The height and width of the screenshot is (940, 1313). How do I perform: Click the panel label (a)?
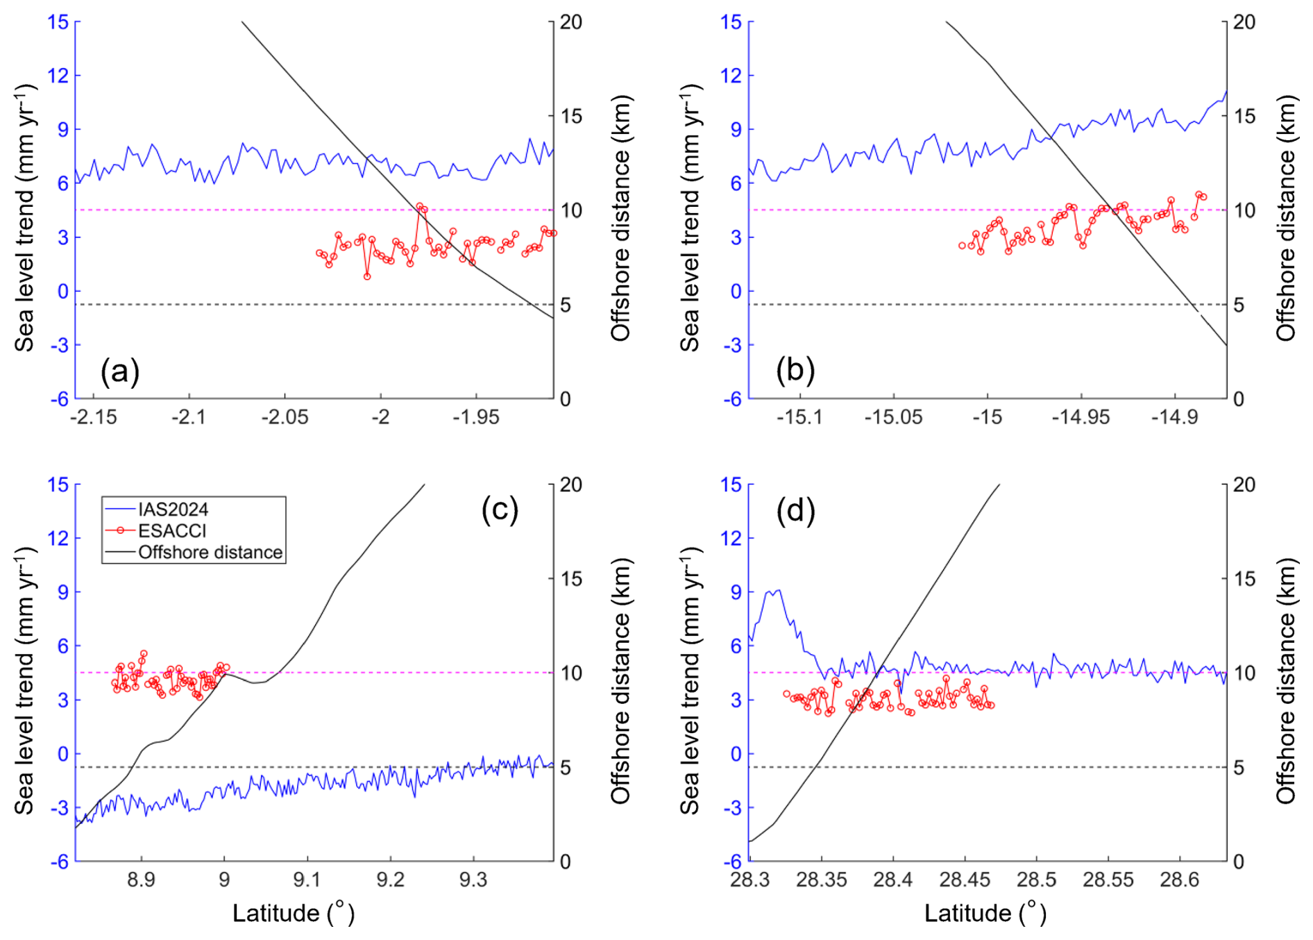pos(120,371)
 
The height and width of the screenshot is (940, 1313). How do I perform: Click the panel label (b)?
pos(795,370)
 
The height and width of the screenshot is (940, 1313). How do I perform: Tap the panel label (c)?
pos(500,510)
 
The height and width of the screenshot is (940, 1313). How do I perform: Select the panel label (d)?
pos(795,510)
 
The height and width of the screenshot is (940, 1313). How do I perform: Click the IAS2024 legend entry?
pos(173,510)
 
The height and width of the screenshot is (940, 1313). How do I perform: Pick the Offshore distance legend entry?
pos(210,553)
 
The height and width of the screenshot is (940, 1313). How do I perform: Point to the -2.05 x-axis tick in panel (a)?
pos(285,417)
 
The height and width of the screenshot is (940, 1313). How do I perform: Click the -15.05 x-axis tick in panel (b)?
pos(893,417)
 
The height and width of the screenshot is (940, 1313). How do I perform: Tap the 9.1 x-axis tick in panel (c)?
pos(307,880)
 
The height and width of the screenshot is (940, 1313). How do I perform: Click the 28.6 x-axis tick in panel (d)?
pos(1179,880)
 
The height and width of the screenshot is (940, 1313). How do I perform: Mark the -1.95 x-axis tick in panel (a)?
pos(476,417)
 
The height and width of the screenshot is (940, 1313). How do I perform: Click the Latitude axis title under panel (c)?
pos(293,913)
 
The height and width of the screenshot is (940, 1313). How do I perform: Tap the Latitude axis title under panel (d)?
pos(985,913)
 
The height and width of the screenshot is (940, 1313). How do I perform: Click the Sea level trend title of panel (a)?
pos(24,218)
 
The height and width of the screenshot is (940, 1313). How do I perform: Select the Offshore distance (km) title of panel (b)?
pos(1285,218)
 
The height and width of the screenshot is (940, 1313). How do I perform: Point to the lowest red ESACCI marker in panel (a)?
pos(367,276)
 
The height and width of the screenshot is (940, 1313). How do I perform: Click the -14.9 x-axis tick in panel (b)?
pos(1174,417)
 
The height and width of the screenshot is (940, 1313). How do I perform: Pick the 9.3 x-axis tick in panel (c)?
pos(473,880)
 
